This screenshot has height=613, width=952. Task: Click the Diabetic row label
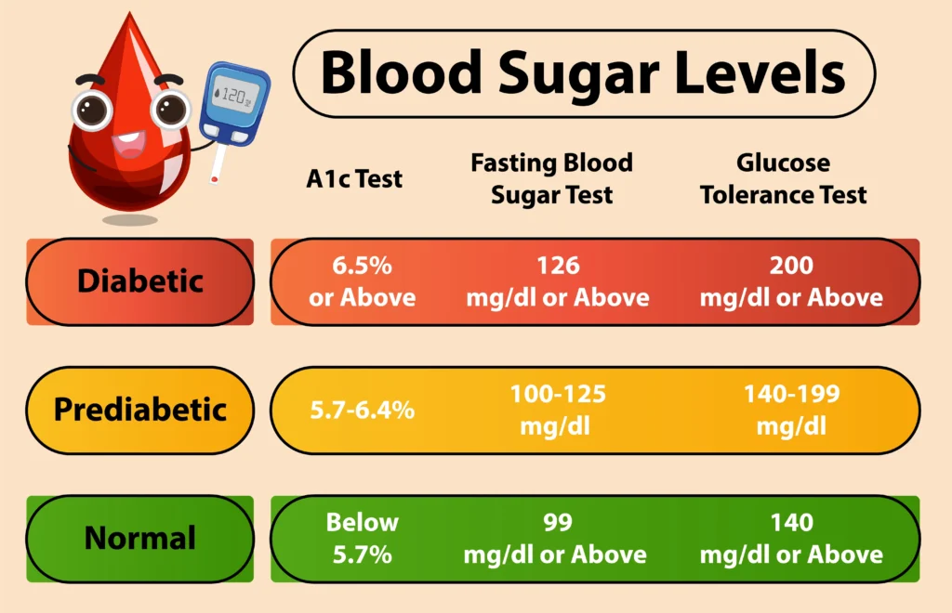click(139, 281)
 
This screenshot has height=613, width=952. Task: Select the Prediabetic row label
click(139, 410)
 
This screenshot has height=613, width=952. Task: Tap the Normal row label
click(139, 538)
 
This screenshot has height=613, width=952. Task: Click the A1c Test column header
click(354, 178)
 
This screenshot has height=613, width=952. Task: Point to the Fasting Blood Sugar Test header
click(551, 178)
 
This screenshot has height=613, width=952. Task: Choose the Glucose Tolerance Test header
click(783, 178)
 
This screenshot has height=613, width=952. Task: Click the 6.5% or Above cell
click(363, 281)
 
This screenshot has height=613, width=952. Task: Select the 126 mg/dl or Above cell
click(558, 281)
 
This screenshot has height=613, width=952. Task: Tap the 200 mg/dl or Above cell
click(791, 281)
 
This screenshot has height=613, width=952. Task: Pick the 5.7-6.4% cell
click(363, 410)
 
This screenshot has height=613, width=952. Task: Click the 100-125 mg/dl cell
click(558, 410)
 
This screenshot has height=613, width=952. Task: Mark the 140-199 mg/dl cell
click(791, 410)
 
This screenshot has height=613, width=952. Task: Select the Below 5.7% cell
click(363, 538)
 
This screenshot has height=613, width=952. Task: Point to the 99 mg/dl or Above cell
click(558, 538)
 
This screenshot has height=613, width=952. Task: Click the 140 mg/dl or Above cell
click(791, 538)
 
